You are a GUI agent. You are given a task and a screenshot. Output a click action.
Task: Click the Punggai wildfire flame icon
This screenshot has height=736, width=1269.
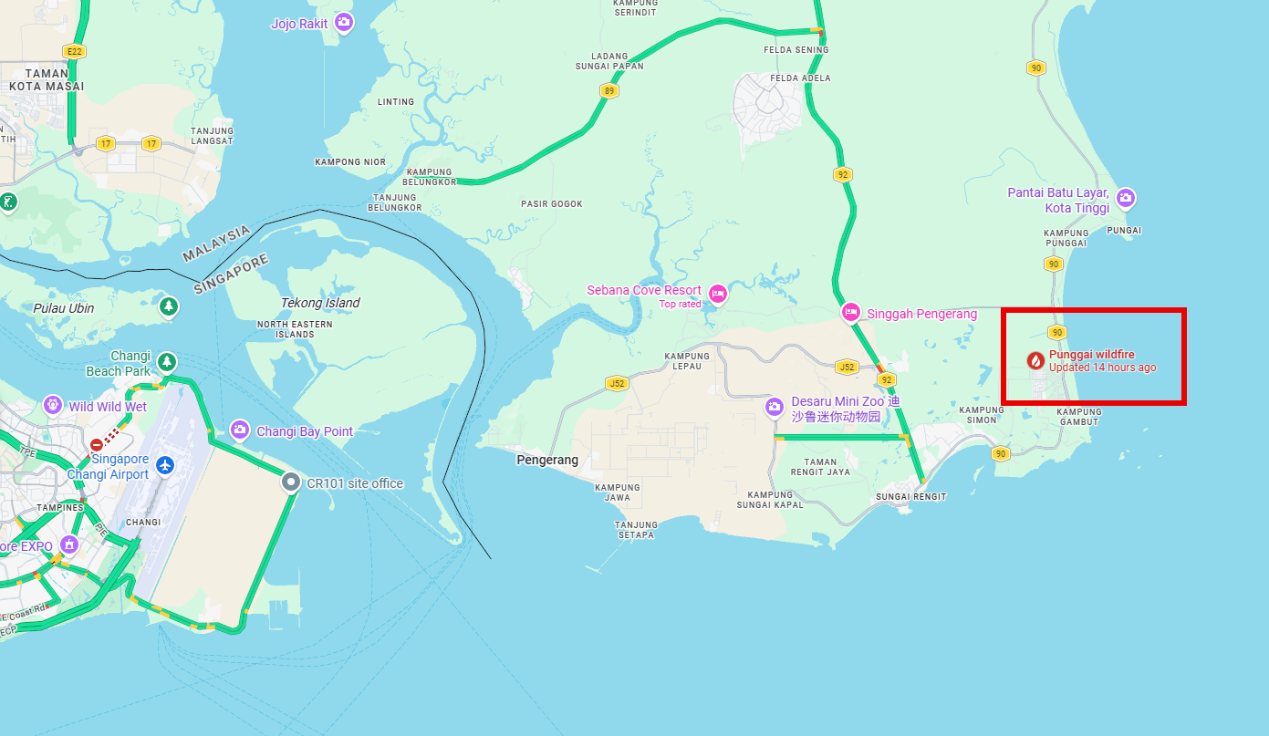click(x=1035, y=360)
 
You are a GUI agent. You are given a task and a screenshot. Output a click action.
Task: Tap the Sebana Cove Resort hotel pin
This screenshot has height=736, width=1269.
click(x=717, y=293)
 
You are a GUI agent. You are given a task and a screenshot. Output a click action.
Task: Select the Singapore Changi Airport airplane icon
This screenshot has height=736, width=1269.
click(x=165, y=465)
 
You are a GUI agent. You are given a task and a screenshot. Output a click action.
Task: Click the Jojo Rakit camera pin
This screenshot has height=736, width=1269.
click(x=343, y=22)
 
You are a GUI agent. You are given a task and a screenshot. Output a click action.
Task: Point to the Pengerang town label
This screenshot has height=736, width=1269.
click(x=547, y=460)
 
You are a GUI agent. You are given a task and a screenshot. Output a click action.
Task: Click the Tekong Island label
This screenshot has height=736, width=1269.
click(x=320, y=303)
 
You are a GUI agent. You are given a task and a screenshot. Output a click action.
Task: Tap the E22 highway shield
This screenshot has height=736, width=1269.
click(x=74, y=51)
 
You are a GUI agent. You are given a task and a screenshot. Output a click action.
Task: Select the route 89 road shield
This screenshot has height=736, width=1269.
click(x=608, y=90)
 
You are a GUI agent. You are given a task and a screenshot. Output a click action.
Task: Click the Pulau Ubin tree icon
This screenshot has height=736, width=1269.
click(x=168, y=306)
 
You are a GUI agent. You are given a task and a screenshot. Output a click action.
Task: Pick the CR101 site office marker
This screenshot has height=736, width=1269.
click(x=290, y=482)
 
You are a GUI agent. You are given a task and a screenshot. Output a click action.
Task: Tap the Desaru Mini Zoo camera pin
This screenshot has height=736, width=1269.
click(x=775, y=406)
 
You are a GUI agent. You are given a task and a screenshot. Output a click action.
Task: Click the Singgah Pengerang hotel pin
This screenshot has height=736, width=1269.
click(x=850, y=312)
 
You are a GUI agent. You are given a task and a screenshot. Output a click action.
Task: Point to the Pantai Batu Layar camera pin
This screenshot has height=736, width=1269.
click(x=1126, y=197)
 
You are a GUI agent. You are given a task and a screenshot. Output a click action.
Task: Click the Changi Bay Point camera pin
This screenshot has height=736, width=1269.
click(x=240, y=429)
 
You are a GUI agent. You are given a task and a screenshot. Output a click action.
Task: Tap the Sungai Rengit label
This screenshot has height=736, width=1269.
click(x=910, y=497)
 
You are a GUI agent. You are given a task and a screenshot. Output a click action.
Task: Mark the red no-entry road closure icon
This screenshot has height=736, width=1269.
click(x=97, y=445)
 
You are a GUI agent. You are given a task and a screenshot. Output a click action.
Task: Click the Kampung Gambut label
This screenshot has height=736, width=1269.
click(x=1079, y=416)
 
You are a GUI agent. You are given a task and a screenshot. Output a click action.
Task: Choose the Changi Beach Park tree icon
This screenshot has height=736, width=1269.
click(x=167, y=362)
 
